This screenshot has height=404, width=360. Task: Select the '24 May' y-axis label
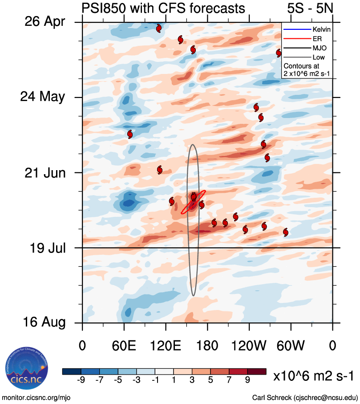click(43, 97)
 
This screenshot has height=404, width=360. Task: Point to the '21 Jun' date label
click(44, 172)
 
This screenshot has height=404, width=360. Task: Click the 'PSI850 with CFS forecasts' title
click(163, 8)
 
